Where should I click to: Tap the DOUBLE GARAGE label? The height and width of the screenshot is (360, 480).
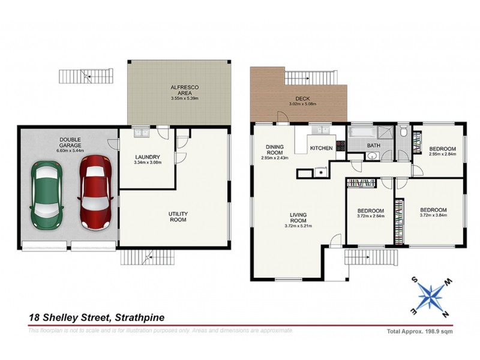click(x=70, y=143)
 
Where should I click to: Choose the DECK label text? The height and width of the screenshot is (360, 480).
click(x=301, y=99)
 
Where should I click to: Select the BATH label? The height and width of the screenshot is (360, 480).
click(x=374, y=145)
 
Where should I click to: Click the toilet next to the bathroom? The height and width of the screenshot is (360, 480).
click(x=404, y=131)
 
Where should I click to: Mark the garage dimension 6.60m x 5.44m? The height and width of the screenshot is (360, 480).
click(x=70, y=151)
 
